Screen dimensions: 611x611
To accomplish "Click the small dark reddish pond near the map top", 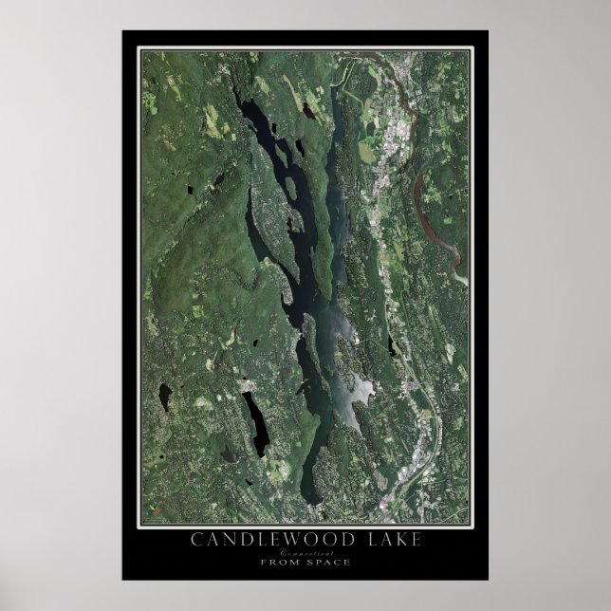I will point(308,110).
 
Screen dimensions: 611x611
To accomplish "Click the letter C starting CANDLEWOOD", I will point(195,540).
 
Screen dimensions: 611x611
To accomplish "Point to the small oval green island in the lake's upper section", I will point(298,149).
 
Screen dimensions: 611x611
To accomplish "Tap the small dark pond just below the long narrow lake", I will point(231,456).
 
